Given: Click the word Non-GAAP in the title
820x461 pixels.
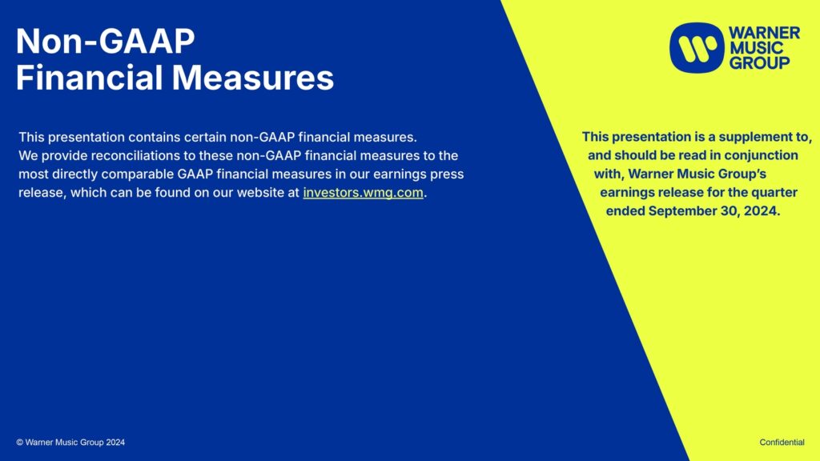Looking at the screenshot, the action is tap(105, 42).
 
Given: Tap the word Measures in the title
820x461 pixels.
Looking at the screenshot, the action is tap(252, 78).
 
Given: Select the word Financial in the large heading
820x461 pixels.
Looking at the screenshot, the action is tap(90, 78).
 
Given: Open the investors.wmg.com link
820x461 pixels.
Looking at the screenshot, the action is tap(363, 192).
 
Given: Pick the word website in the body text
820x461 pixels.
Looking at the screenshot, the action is tap(260, 192).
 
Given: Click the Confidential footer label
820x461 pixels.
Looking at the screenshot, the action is tap(782, 442).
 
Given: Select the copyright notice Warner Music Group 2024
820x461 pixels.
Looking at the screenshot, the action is tap(70, 442).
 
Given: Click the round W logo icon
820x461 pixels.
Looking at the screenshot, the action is tap(697, 47).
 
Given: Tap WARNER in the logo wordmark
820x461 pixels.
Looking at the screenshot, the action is tap(765, 33).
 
